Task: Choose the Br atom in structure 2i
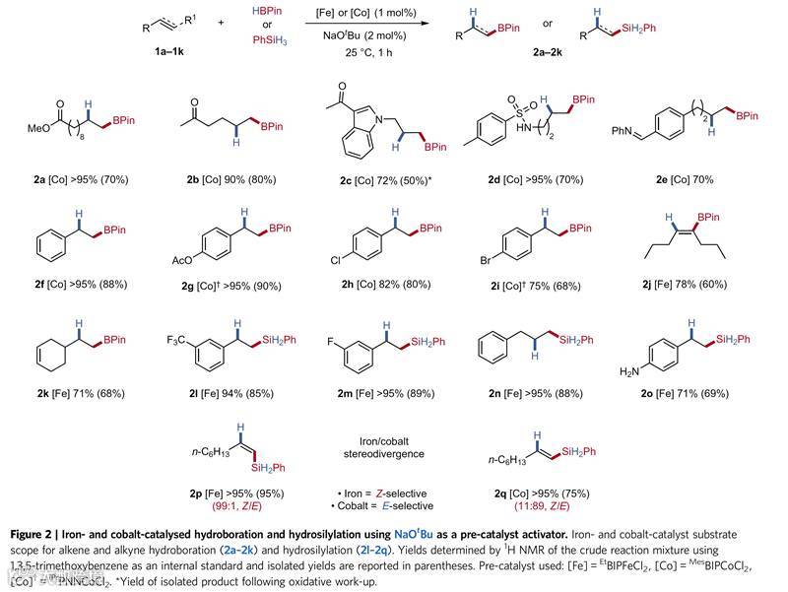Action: pyautogui.click(x=489, y=259)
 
